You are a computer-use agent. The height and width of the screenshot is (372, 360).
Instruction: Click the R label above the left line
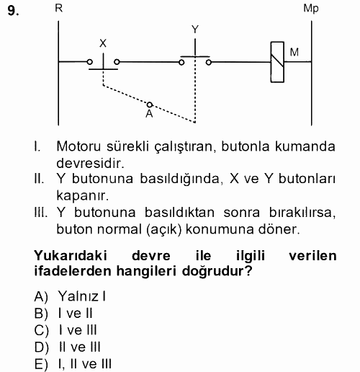58,9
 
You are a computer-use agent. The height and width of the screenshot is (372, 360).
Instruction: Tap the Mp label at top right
311,9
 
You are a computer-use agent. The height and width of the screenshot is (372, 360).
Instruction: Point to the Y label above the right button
194,29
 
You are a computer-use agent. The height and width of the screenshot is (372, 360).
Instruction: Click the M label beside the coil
294,52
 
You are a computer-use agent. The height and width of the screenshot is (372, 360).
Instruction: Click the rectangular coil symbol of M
275,61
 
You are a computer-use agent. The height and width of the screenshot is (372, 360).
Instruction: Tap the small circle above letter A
150,104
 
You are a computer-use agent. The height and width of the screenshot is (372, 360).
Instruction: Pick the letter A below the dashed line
149,114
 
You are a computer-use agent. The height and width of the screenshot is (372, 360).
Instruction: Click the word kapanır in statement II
79,195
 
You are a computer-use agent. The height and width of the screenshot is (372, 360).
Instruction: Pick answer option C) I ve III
71,330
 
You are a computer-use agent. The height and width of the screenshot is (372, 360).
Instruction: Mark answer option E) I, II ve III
77,364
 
